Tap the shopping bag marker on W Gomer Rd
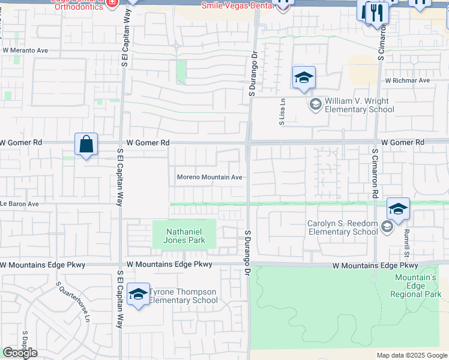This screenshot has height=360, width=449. click(86, 145)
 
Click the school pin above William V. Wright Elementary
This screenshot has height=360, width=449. click(304, 79)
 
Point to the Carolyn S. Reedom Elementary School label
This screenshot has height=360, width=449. click(343, 228)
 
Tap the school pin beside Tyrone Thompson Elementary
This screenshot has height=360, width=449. click(138, 295)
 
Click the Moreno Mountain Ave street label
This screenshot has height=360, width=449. click(209, 178)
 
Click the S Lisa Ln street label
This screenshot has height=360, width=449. click(282, 113)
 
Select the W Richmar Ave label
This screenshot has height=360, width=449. click(408, 80)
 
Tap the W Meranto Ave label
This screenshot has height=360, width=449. click(24, 51)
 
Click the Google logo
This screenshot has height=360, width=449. click(20, 353)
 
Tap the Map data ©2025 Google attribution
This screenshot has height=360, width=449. click(412, 355)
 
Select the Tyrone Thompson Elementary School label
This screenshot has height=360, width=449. click(183, 296)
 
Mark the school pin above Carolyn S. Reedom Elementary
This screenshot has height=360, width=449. click(398, 210)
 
